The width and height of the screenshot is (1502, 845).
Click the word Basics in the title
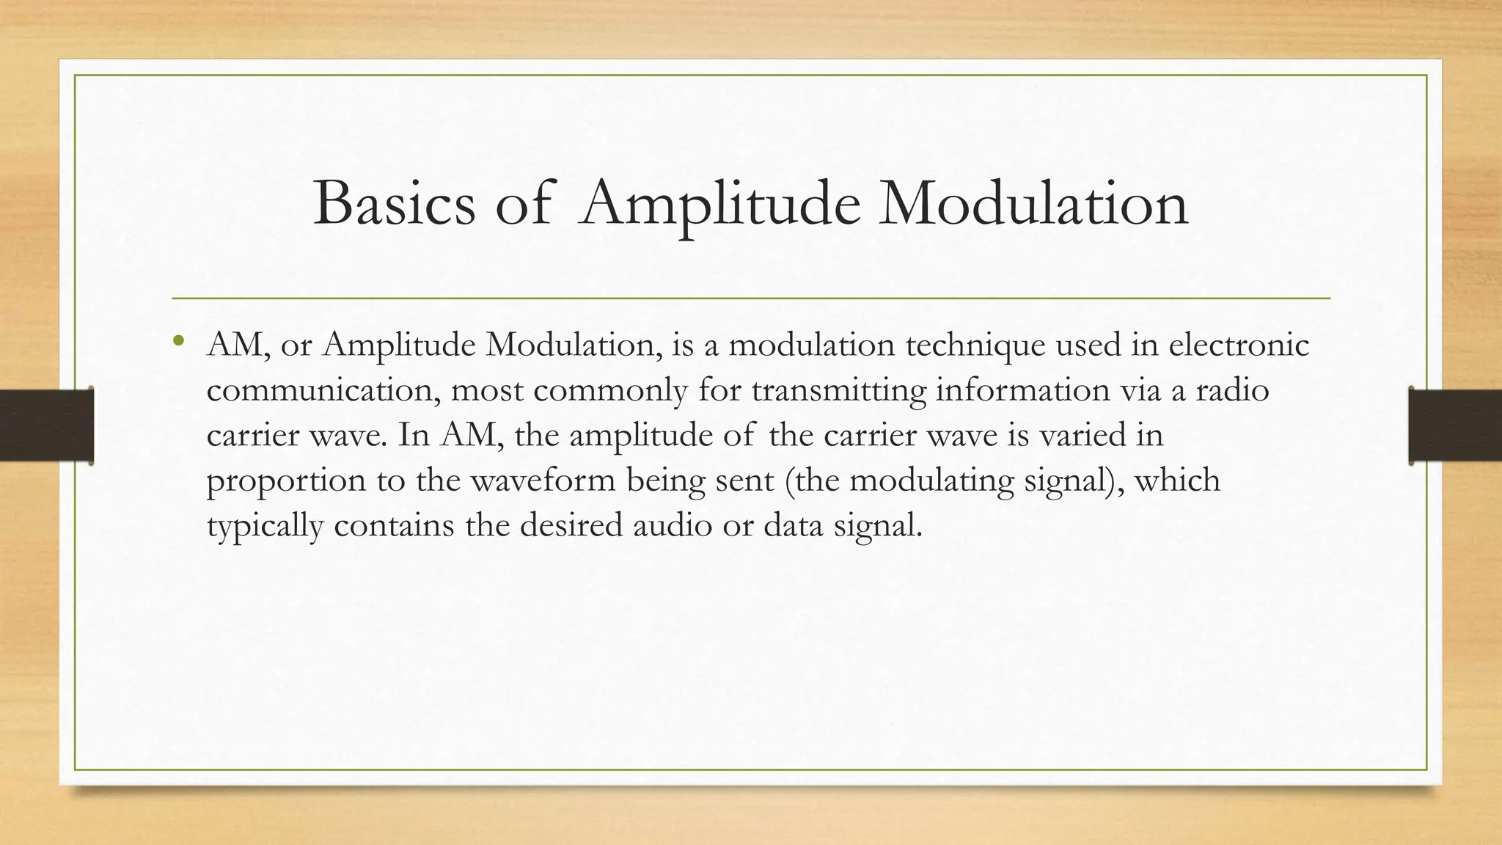(x=394, y=203)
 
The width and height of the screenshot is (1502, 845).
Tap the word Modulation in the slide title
(x=1033, y=203)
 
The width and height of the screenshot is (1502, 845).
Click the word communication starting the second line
(x=323, y=390)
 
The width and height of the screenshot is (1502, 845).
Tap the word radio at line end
(x=1232, y=390)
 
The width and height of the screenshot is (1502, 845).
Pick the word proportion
(x=286, y=482)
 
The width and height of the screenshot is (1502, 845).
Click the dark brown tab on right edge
(x=1455, y=425)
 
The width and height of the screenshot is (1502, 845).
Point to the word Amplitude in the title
(x=719, y=203)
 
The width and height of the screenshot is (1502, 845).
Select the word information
(x=1022, y=390)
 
